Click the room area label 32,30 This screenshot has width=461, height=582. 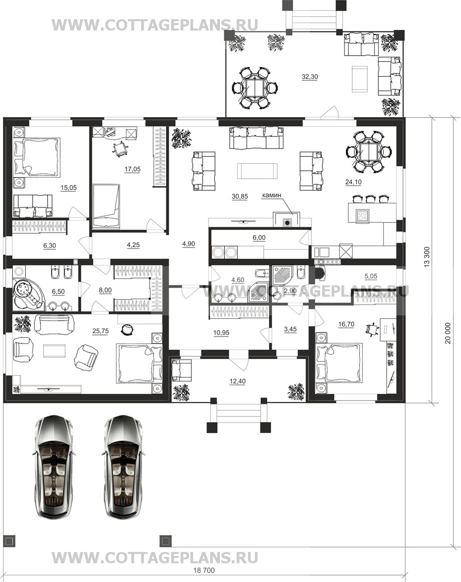pyautogui.click(x=309, y=77)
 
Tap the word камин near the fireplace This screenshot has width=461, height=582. pyautogui.click(x=272, y=195)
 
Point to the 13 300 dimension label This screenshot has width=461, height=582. pyautogui.click(x=427, y=257)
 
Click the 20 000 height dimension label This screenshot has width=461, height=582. pyautogui.click(x=448, y=333)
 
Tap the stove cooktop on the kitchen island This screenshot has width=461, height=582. pyautogui.click(x=362, y=216)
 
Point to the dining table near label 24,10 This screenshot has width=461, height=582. pyautogui.click(x=368, y=152)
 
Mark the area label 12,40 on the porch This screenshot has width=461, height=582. pyautogui.click(x=238, y=381)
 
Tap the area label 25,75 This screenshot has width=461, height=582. pyautogui.click(x=100, y=331)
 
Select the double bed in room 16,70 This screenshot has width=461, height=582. pyautogui.click(x=338, y=363)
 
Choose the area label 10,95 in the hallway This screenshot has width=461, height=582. pyautogui.click(x=221, y=333)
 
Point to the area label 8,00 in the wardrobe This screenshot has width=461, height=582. pyautogui.click(x=105, y=290)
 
